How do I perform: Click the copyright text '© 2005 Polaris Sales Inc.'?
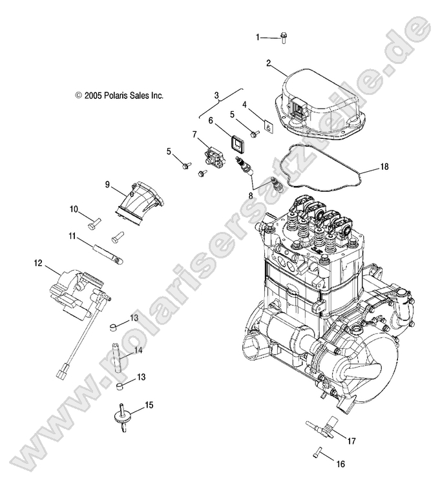[120, 95]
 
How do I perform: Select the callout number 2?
[268, 63]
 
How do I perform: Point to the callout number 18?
[384, 167]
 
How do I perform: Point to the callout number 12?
[38, 263]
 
